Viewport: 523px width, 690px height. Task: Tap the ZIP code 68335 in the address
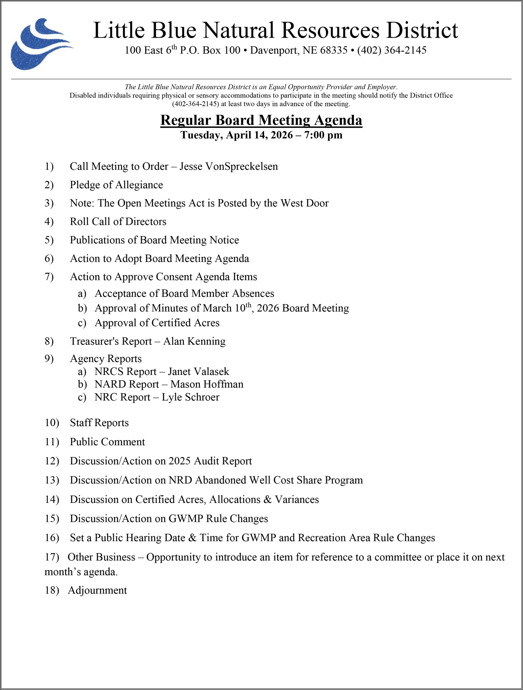334,50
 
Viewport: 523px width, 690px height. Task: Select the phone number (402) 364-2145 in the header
392,50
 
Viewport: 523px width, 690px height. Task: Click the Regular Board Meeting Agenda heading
261,120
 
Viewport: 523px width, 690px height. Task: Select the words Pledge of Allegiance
116,185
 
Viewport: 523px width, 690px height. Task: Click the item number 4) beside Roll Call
49,222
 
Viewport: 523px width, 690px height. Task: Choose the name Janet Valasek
198,371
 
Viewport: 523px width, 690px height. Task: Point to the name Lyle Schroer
190,397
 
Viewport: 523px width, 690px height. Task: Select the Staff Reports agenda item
99,423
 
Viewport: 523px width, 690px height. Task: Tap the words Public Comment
107,442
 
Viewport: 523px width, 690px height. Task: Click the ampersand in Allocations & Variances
267,499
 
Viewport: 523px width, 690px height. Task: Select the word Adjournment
97,590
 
